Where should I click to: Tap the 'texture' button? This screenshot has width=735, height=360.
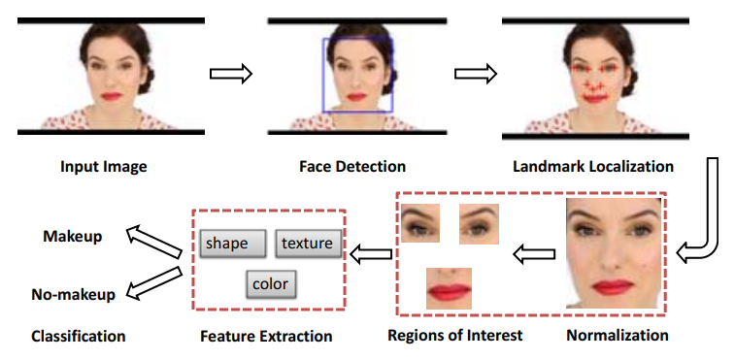[309, 244]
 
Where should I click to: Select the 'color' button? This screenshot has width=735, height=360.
[270, 284]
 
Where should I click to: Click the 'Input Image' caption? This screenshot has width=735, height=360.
[105, 167]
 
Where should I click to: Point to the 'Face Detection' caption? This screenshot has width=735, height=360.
[351, 167]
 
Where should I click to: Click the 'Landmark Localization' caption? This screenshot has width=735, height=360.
[593, 167]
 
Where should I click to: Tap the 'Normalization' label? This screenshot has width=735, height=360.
[618, 336]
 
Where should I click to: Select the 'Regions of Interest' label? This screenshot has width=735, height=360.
[455, 336]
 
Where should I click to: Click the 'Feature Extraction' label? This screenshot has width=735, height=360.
[266, 337]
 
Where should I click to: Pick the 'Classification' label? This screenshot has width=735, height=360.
[79, 337]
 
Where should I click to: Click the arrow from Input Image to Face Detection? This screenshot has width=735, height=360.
[231, 73]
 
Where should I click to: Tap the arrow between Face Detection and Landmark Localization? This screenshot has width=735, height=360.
[476, 73]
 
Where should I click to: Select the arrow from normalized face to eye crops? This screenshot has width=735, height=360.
[532, 254]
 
